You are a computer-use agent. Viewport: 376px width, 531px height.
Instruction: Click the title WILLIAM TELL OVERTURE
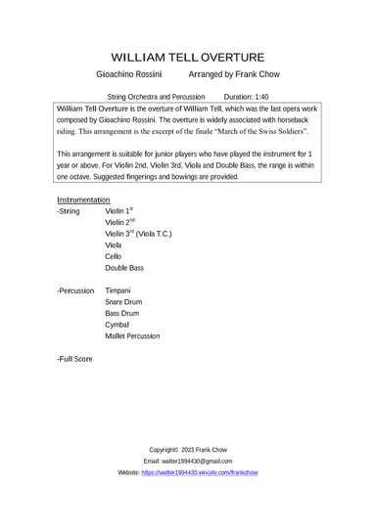[188, 58]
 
